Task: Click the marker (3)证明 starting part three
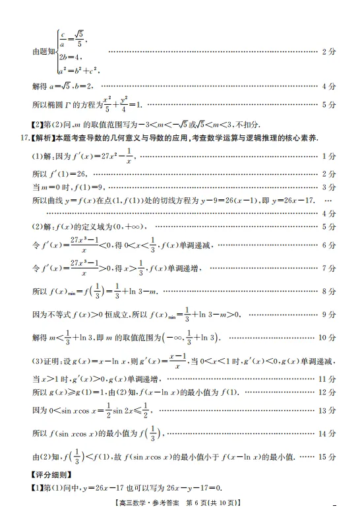(47, 361)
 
